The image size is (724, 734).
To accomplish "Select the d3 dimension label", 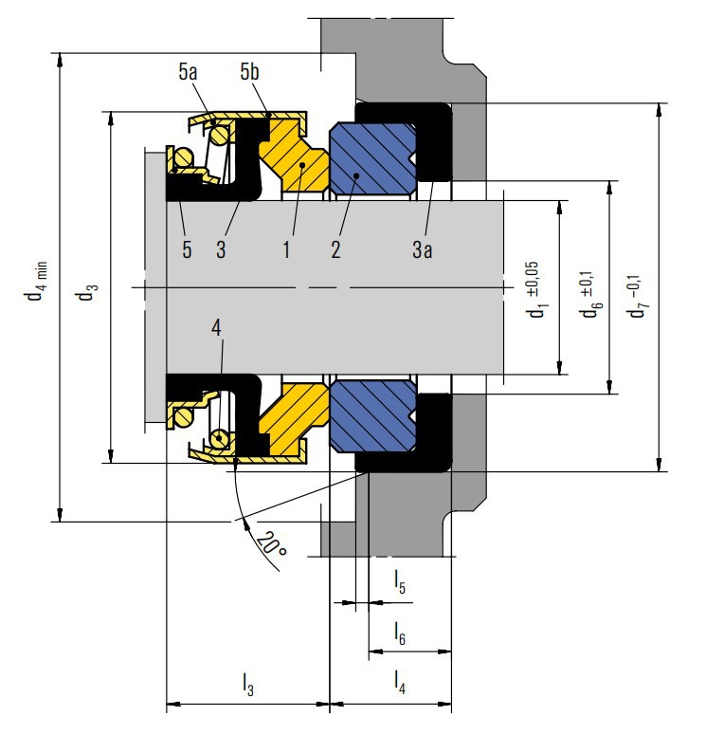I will coord(87,293).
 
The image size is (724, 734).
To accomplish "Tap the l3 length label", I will coord(248,682).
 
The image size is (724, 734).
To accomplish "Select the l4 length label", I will coord(399,682).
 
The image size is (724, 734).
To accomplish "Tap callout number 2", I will coord(335,250).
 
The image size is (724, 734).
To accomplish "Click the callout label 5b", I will coord(250,71).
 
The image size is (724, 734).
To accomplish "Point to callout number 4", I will coord(217,328).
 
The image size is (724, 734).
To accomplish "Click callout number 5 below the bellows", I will coord(187,250).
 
